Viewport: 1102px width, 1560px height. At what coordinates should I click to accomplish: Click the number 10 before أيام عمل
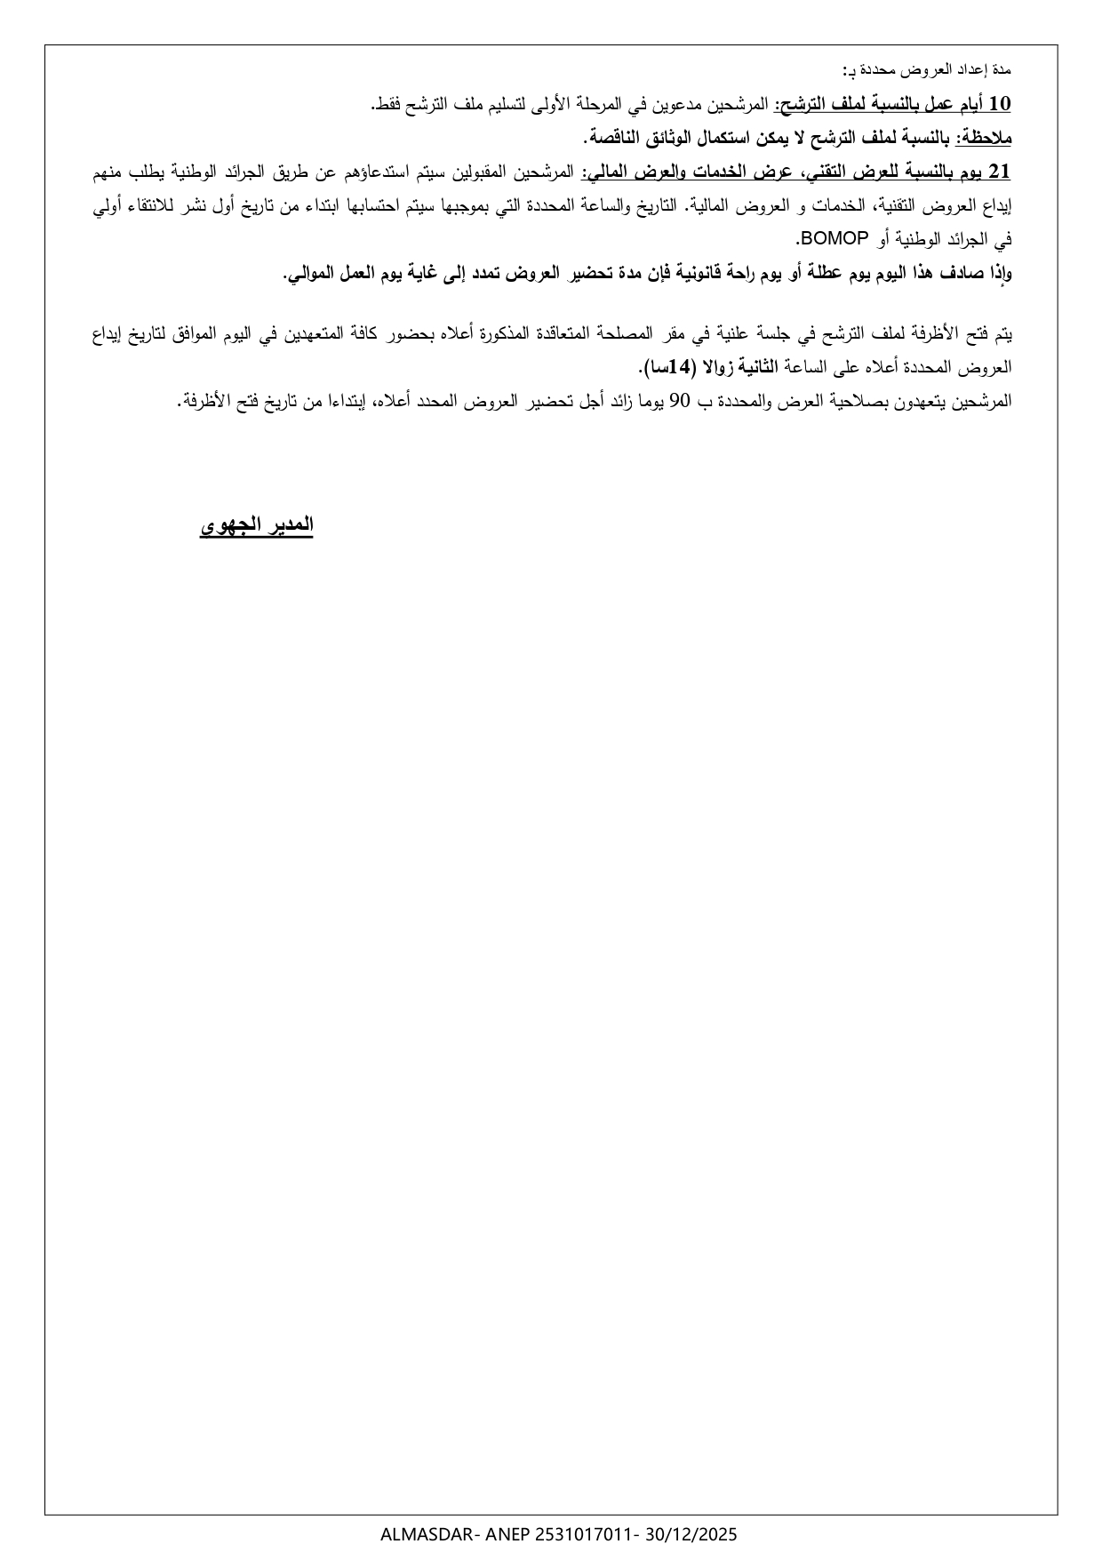(x=1000, y=105)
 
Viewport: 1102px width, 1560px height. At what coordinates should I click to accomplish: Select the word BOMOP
(x=830, y=239)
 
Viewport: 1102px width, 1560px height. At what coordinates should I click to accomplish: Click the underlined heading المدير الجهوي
(x=257, y=525)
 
